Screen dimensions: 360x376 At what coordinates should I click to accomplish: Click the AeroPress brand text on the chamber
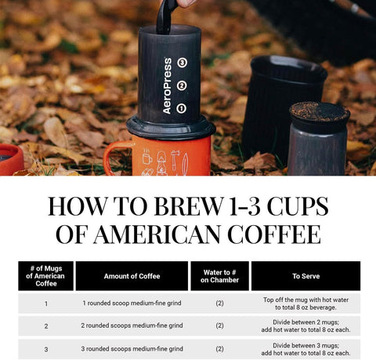[167, 86]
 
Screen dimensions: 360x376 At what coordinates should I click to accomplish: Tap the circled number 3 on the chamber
[182, 62]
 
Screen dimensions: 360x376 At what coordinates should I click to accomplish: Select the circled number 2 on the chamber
[182, 85]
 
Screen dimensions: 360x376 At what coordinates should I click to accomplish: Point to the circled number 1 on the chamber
[182, 108]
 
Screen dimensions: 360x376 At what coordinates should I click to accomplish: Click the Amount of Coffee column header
[132, 276]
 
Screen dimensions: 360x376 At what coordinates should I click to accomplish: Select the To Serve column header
[305, 276]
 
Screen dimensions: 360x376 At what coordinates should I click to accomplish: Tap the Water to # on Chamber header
[219, 276]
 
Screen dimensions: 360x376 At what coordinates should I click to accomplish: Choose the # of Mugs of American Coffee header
[45, 276]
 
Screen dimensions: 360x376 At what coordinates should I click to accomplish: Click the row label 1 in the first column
[45, 304]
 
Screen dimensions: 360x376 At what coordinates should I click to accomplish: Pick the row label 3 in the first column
[45, 348]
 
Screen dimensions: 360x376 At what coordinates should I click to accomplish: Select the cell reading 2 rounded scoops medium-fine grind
[132, 325]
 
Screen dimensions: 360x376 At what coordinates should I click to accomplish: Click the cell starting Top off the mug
[305, 304]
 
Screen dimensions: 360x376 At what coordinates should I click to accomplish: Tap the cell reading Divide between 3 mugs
[305, 348]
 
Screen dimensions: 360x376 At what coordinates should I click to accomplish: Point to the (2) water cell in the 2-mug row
[219, 325]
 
